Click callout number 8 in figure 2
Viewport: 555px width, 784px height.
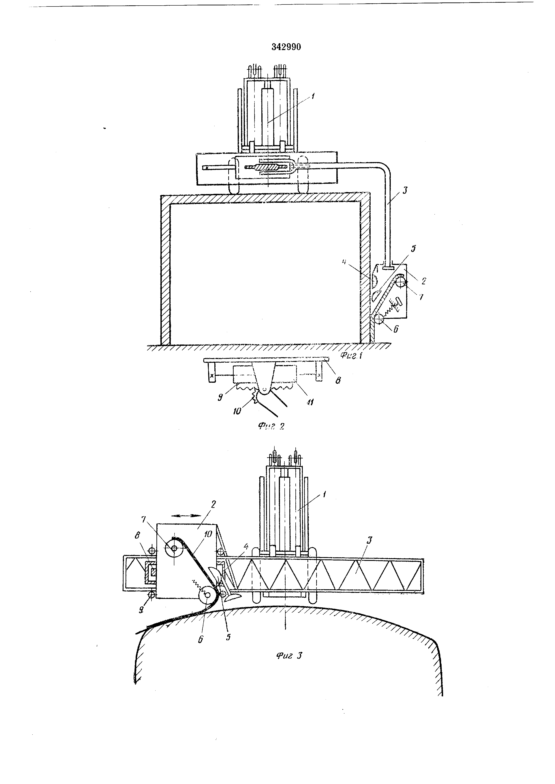pyautogui.click(x=338, y=380)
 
